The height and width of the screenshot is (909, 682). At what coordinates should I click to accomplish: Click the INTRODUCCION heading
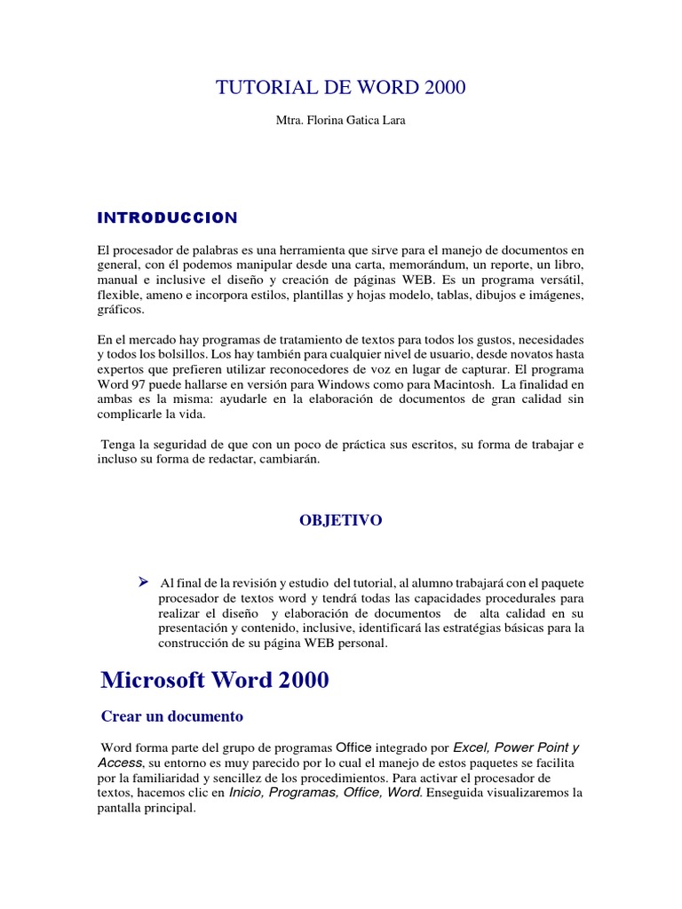point(167,217)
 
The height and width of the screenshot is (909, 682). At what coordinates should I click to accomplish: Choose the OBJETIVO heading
point(340,521)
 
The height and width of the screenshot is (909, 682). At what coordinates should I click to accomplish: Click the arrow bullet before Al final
point(142,581)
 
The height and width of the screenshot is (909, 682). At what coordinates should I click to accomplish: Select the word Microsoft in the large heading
point(154,680)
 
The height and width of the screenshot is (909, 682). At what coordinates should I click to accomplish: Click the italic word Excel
point(472,747)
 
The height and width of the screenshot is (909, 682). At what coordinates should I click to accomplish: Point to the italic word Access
point(120,763)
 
